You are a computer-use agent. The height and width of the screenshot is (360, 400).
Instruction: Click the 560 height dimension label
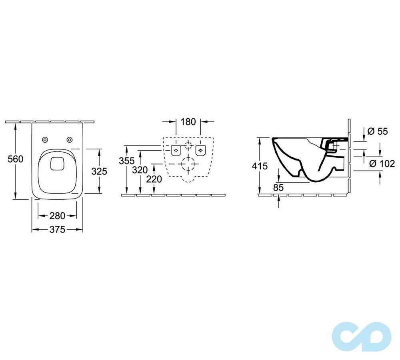click(x=16, y=159)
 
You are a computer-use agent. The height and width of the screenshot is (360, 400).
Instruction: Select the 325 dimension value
click(x=99, y=171)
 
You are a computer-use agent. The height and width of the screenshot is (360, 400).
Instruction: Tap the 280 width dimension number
click(x=57, y=216)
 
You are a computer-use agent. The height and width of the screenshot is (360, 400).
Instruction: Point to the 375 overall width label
click(x=57, y=230)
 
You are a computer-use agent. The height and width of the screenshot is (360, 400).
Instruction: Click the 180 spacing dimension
click(x=188, y=121)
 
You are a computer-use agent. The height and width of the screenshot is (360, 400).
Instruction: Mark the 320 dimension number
click(x=140, y=170)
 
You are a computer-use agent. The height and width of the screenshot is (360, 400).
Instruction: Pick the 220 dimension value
click(x=154, y=179)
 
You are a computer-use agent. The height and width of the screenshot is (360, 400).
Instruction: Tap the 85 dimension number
click(x=278, y=187)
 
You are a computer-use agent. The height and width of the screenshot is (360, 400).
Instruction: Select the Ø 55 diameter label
click(x=378, y=131)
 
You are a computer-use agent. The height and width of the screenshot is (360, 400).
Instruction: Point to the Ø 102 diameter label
click(x=382, y=163)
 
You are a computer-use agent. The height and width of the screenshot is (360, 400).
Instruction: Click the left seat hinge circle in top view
click(x=45, y=139)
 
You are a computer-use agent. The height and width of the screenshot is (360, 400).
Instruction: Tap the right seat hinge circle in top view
click(x=70, y=139)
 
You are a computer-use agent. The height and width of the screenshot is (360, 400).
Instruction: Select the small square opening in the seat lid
click(x=57, y=163)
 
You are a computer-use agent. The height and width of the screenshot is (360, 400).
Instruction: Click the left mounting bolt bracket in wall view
click(x=176, y=150)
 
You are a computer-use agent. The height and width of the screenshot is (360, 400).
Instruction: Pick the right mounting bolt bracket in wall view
click(x=200, y=150)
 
